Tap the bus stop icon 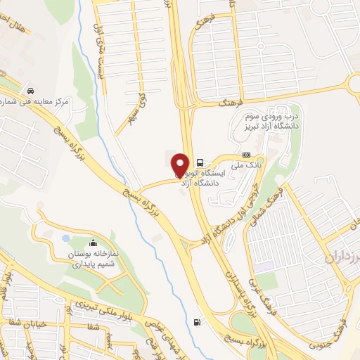[201, 161]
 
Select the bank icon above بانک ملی [245, 155]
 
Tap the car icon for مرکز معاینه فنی [30, 91]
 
